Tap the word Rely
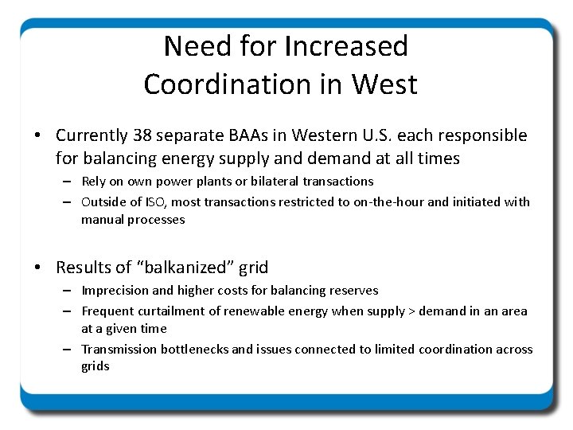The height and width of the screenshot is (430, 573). [95, 182]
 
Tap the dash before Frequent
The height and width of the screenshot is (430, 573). [69, 311]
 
